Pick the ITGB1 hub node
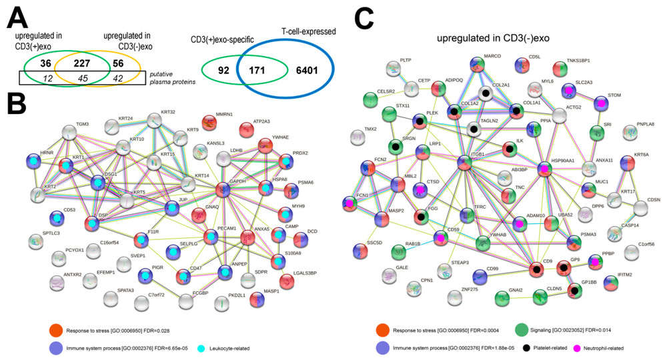click(x=467, y=161)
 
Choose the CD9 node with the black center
click(x=535, y=269)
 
